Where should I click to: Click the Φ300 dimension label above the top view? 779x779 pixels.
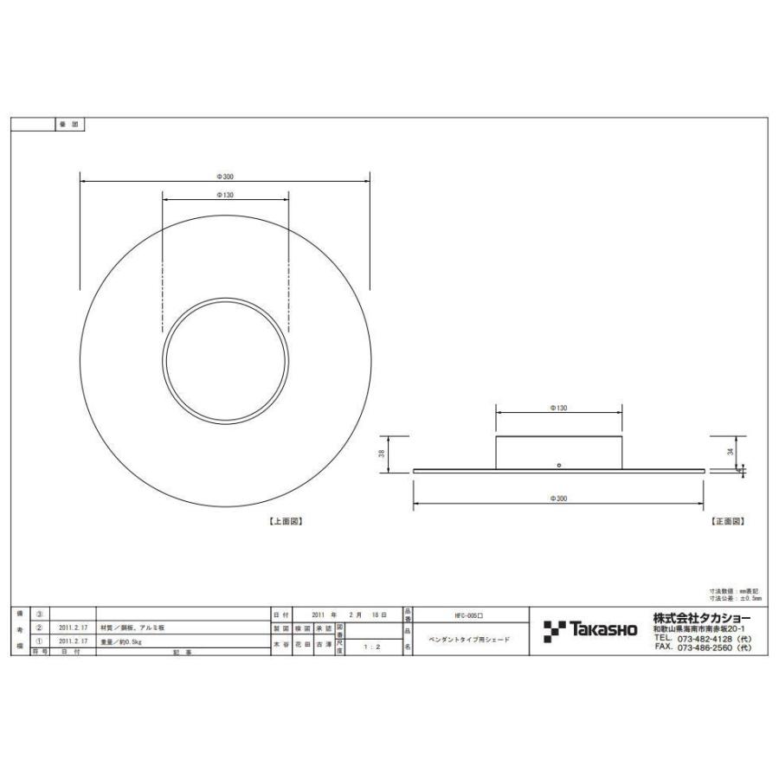pos(225,176)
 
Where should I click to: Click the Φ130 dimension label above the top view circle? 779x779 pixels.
pos(225,196)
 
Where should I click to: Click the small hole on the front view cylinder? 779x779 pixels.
pos(559,465)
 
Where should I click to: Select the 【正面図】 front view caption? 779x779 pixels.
pos(728,522)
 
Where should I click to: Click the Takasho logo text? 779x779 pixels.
pos(602,628)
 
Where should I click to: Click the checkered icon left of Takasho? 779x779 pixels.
pos(555,631)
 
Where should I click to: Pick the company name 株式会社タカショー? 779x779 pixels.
pos(702,617)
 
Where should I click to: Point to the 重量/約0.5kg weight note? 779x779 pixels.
pos(122,641)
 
